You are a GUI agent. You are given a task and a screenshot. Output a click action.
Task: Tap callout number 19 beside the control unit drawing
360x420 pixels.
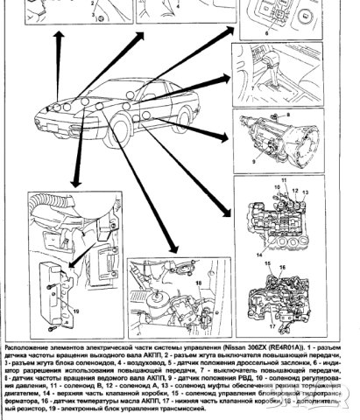76,309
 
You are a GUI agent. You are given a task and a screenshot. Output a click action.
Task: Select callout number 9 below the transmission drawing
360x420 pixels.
253,162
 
